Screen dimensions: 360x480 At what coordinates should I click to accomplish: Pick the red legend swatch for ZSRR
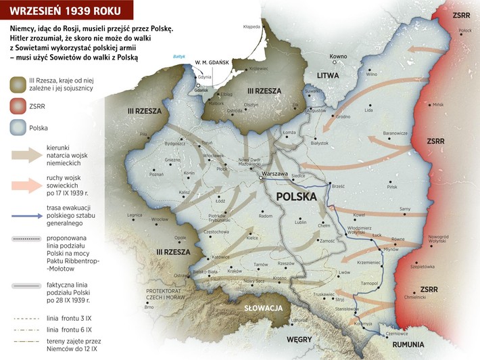pyautogui.click(x=22, y=106)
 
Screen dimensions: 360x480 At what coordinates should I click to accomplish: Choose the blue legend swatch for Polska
pyautogui.click(x=22, y=127)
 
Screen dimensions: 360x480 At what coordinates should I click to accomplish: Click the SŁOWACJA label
pyautogui.click(x=262, y=308)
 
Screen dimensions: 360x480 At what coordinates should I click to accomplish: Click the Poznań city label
pyautogui.click(x=157, y=174)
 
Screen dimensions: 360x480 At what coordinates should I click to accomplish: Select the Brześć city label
pyautogui.click(x=338, y=185)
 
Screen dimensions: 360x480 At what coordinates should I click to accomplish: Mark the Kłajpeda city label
pyautogui.click(x=251, y=27)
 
